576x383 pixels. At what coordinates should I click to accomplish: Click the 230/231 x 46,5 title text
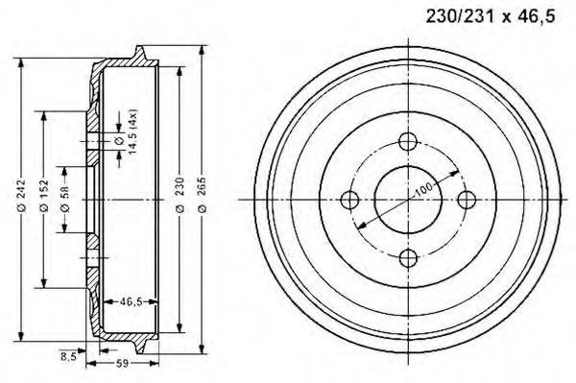[490, 17]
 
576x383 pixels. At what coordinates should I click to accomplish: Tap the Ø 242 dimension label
[21, 196]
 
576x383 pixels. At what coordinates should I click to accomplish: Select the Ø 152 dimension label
[44, 196]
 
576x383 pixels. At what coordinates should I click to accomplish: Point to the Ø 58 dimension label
[64, 199]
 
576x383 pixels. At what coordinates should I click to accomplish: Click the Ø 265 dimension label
[202, 195]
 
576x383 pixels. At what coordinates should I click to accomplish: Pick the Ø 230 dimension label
[180, 195]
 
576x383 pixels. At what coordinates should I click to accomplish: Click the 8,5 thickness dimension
[68, 355]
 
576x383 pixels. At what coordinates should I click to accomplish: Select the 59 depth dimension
[122, 364]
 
